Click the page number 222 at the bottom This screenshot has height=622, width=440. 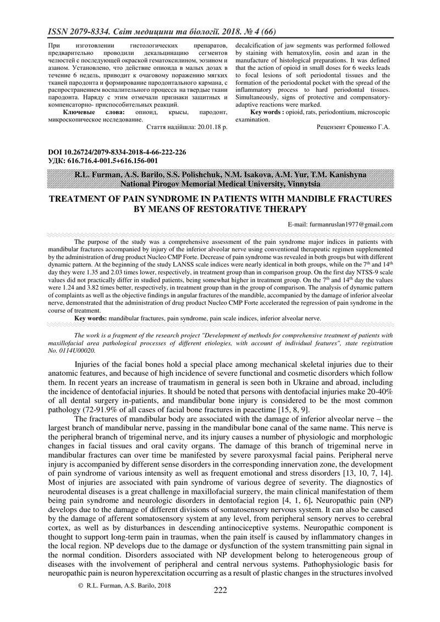220,590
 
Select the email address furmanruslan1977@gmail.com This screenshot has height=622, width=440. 340,224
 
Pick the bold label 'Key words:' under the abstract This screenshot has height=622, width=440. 91,318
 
